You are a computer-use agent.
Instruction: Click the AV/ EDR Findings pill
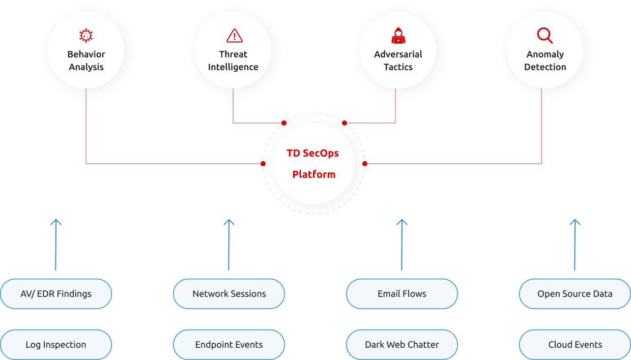point(56,293)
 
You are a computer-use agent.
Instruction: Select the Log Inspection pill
point(56,344)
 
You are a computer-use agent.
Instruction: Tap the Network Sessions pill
point(229,293)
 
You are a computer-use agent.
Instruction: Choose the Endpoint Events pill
point(229,344)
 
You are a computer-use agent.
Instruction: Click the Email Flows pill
point(402,293)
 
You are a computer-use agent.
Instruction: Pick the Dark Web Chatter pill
point(402,344)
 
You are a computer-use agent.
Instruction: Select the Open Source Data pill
point(575,293)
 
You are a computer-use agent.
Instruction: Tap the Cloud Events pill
point(575,344)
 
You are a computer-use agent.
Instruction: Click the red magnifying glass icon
point(544,36)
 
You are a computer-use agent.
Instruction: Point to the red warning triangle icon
point(234,36)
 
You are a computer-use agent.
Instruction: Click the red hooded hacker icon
point(398,36)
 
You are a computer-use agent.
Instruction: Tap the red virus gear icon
point(86,36)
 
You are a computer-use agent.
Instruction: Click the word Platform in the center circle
point(313,174)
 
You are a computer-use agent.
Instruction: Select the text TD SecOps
point(312,153)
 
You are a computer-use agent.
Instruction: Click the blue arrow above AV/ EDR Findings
point(56,244)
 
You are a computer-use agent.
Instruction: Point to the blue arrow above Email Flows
point(402,244)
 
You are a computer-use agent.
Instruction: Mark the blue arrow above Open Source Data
point(575,244)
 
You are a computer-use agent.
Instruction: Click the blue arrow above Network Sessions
point(229,244)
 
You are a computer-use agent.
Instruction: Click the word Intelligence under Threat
point(233,67)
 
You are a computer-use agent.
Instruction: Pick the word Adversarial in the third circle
point(398,54)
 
